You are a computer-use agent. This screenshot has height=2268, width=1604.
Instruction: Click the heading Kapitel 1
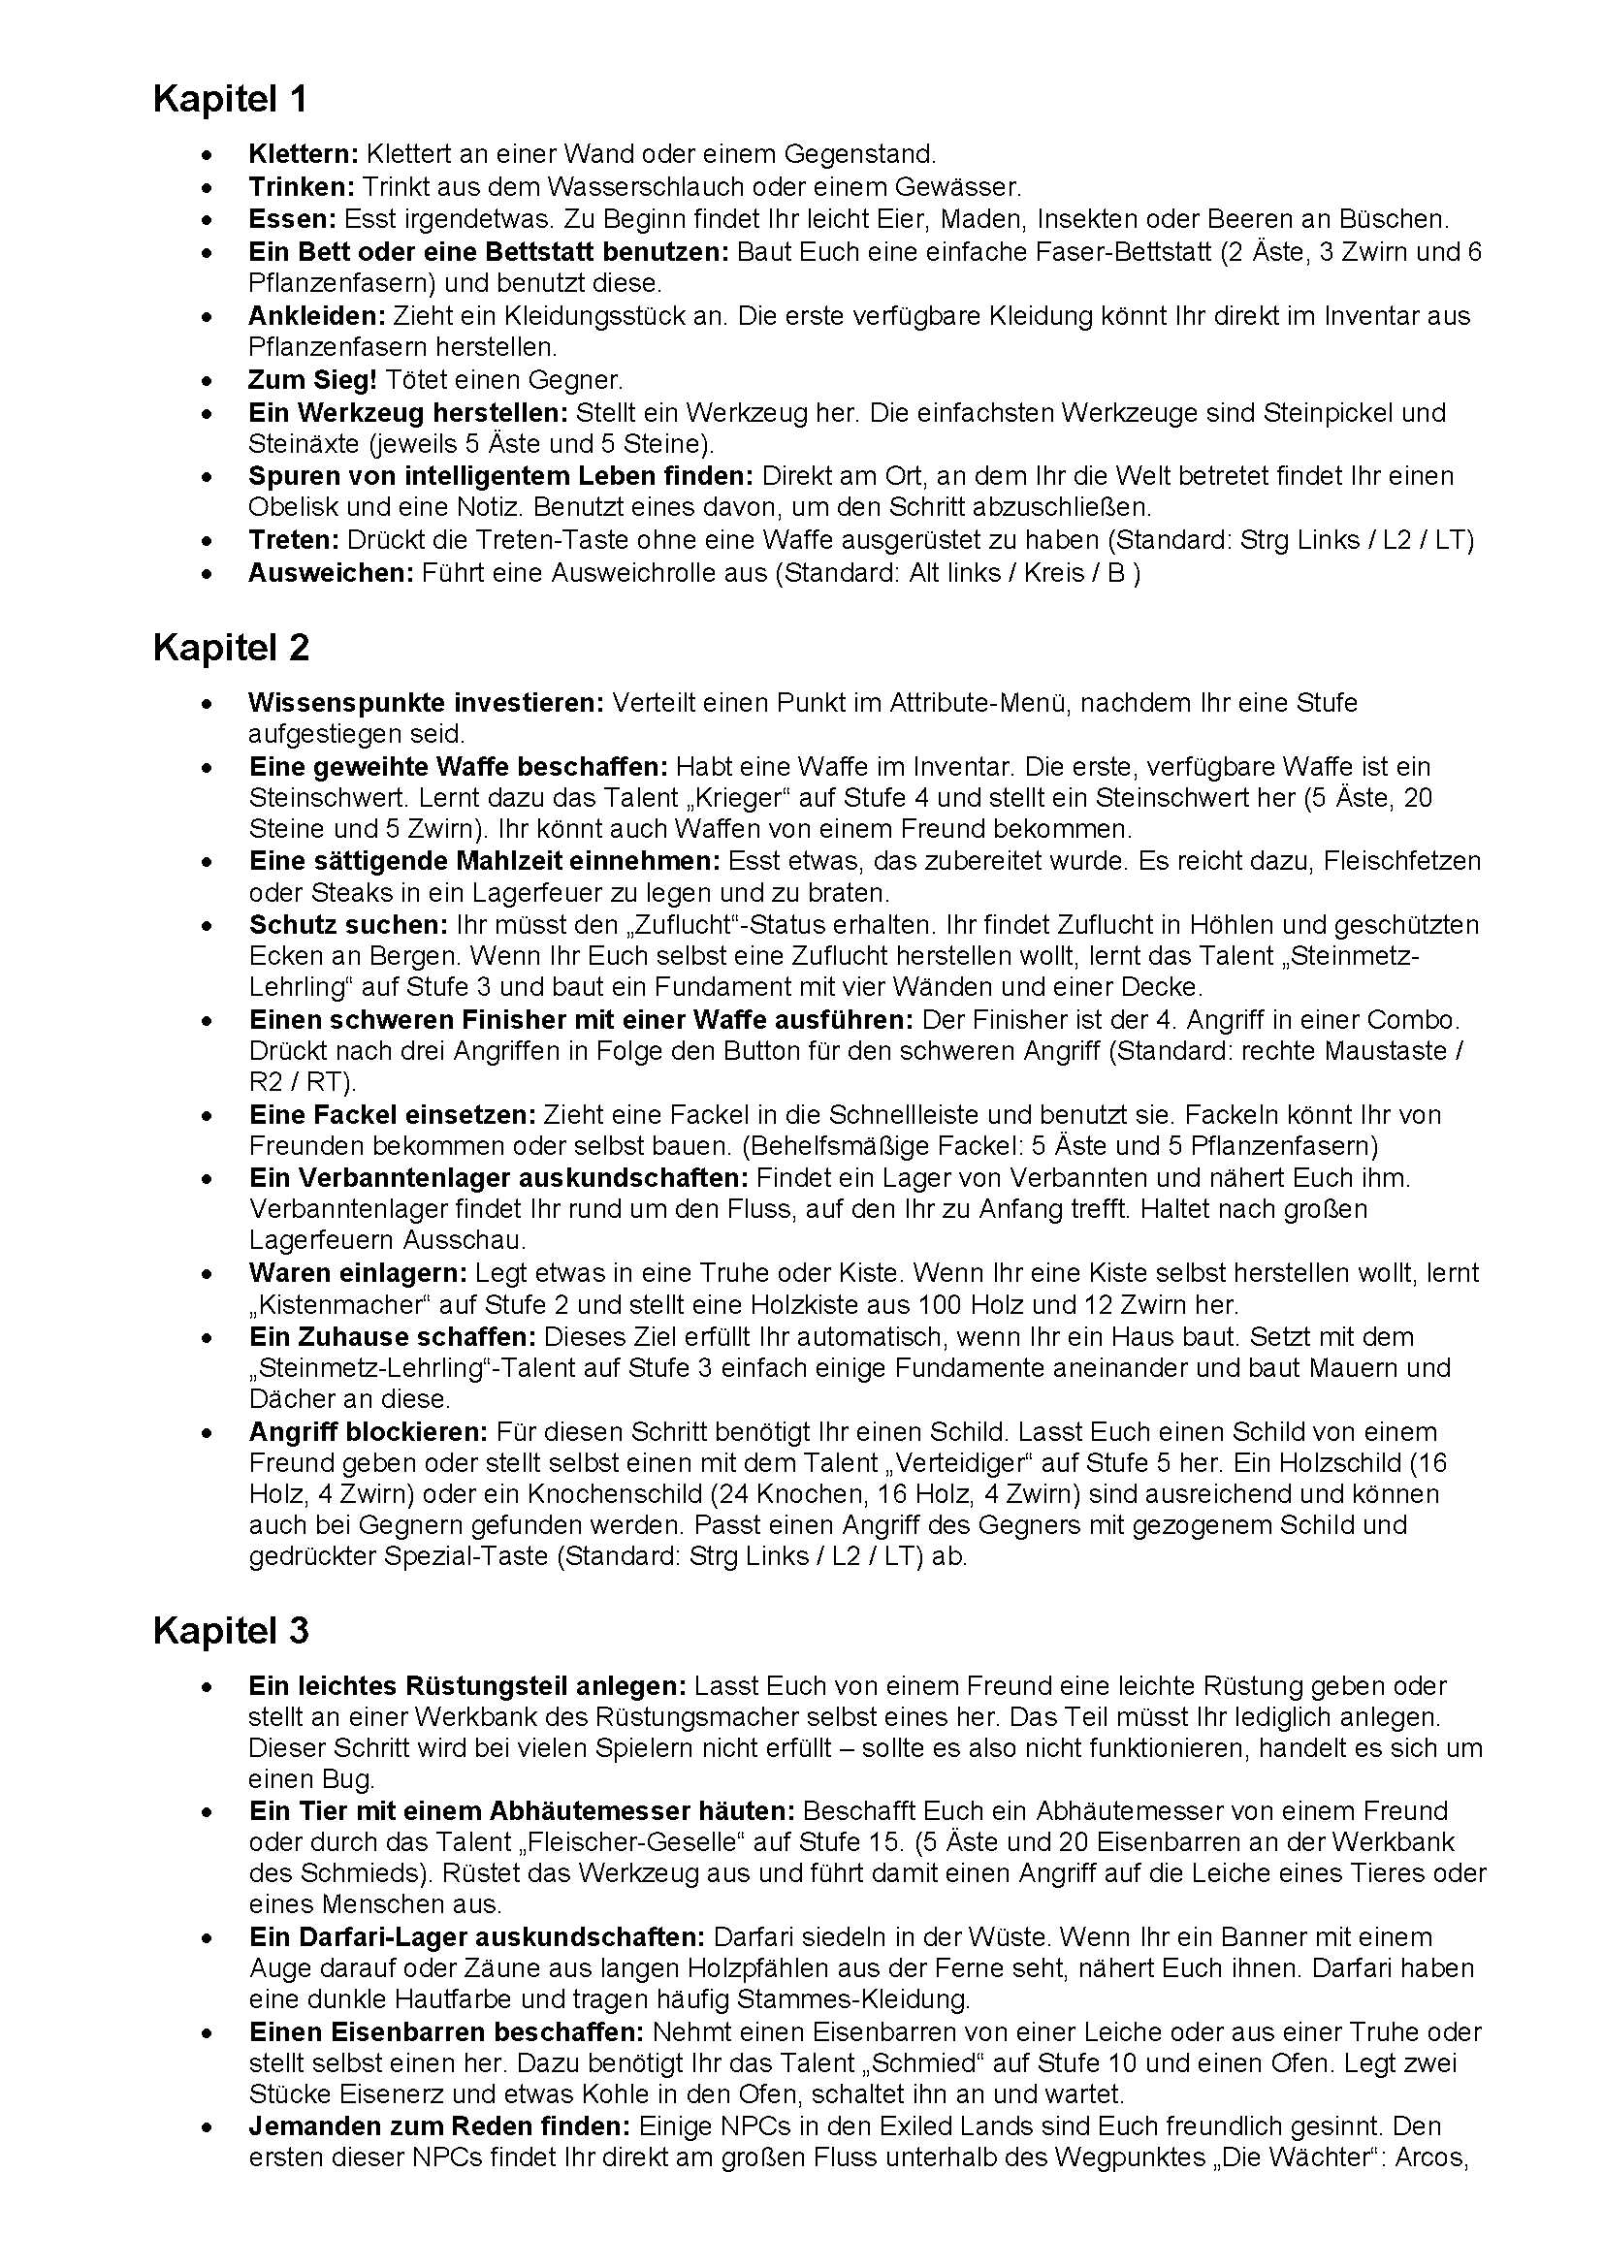pos(229,100)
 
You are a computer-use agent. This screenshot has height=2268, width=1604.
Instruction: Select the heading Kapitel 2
pos(230,648)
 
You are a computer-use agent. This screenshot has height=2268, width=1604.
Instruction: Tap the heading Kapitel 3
pos(230,1631)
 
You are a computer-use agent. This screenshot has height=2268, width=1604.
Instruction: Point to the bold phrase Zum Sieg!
pos(312,379)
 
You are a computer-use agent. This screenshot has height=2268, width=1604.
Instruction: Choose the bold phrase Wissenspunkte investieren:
pos(426,703)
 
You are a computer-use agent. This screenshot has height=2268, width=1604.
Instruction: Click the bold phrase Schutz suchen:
pos(349,926)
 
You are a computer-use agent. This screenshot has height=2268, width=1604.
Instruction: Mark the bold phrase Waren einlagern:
pos(359,1273)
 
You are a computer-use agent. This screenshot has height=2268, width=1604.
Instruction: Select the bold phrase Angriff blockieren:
pos(369,1432)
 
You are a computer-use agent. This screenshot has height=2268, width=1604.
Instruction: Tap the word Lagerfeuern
pos(316,1241)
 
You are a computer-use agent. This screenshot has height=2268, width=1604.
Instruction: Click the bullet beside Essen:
pos(206,219)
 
